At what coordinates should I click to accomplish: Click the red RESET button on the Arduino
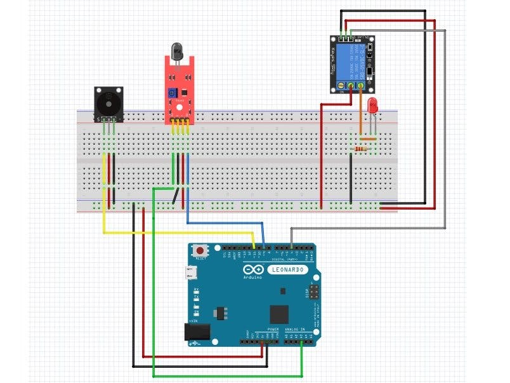[202, 250]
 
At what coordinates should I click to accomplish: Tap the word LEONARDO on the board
[289, 270]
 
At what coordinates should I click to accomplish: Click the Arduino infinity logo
[252, 271]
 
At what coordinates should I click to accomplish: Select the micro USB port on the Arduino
[192, 273]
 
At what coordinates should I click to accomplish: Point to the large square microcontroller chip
[279, 313]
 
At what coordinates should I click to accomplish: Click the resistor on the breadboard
[362, 149]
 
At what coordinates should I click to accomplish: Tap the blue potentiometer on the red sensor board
[171, 93]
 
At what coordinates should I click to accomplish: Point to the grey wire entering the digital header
[368, 227]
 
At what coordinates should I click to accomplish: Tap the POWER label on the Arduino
[273, 330]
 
